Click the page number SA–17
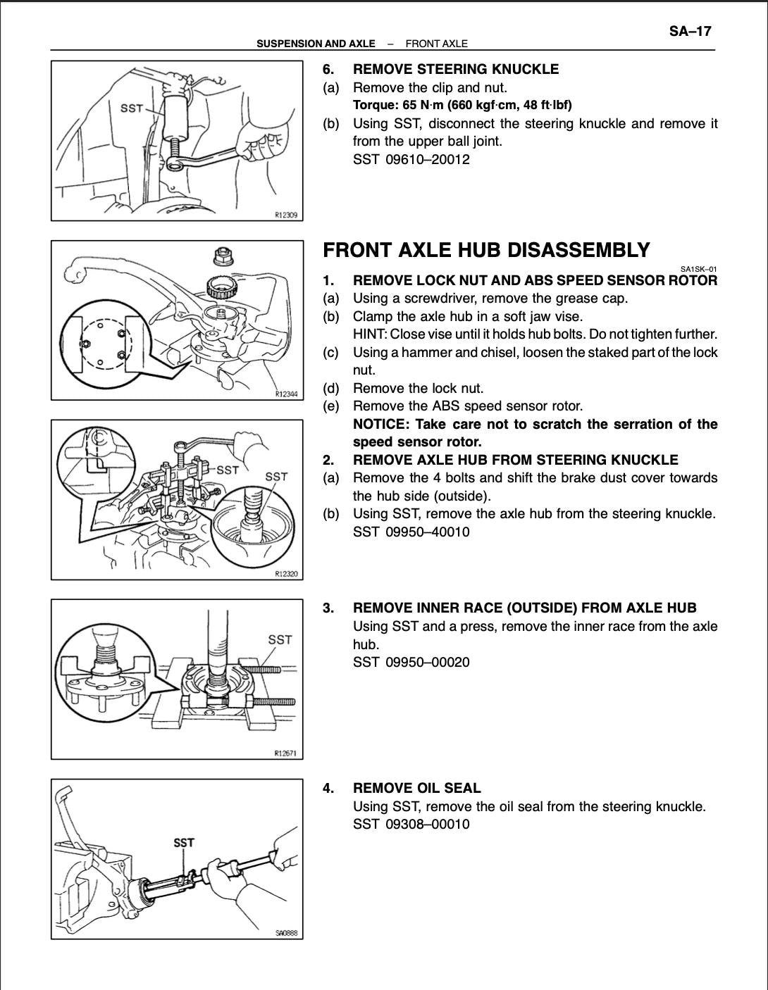point(690,32)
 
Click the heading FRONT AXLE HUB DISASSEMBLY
point(486,251)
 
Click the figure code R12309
point(286,215)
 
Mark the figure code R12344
point(286,394)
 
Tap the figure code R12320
point(286,574)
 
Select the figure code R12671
point(286,753)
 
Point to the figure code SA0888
point(287,934)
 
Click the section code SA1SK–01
point(698,268)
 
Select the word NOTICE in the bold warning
point(380,424)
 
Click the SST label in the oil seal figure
point(184,842)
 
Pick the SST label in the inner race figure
point(280,639)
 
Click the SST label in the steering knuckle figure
point(132,108)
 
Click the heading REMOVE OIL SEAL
point(416,788)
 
